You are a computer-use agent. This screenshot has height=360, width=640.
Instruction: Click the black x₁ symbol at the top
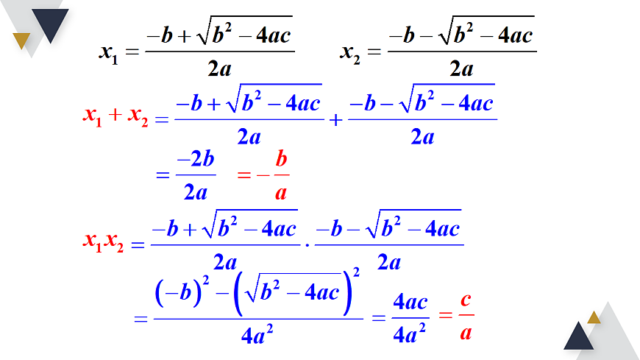point(109,54)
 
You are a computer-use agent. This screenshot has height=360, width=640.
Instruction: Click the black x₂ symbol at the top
point(350,54)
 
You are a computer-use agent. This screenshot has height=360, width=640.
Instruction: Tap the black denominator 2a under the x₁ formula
point(220,68)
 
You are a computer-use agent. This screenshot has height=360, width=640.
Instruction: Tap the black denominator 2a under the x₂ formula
point(462,68)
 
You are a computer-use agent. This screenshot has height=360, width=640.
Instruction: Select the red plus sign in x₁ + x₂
point(115,115)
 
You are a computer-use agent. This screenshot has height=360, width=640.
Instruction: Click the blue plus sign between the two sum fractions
point(335,120)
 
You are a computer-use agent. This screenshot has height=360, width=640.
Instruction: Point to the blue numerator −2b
point(196,158)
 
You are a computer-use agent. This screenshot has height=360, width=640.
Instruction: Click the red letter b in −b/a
point(281,158)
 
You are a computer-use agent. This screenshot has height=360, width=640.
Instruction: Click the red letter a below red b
point(281,193)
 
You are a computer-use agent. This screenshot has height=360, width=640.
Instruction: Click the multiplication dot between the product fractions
point(307,246)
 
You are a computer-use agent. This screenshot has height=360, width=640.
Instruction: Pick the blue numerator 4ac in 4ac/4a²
point(410,303)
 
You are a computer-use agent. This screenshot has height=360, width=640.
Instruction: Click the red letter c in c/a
point(466,300)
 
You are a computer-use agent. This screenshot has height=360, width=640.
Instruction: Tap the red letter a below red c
point(466,333)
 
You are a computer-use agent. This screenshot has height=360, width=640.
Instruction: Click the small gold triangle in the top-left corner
point(21,40)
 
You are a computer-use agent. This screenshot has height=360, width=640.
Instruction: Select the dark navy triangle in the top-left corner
point(50,23)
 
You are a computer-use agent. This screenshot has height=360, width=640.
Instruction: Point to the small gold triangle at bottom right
point(594,319)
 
